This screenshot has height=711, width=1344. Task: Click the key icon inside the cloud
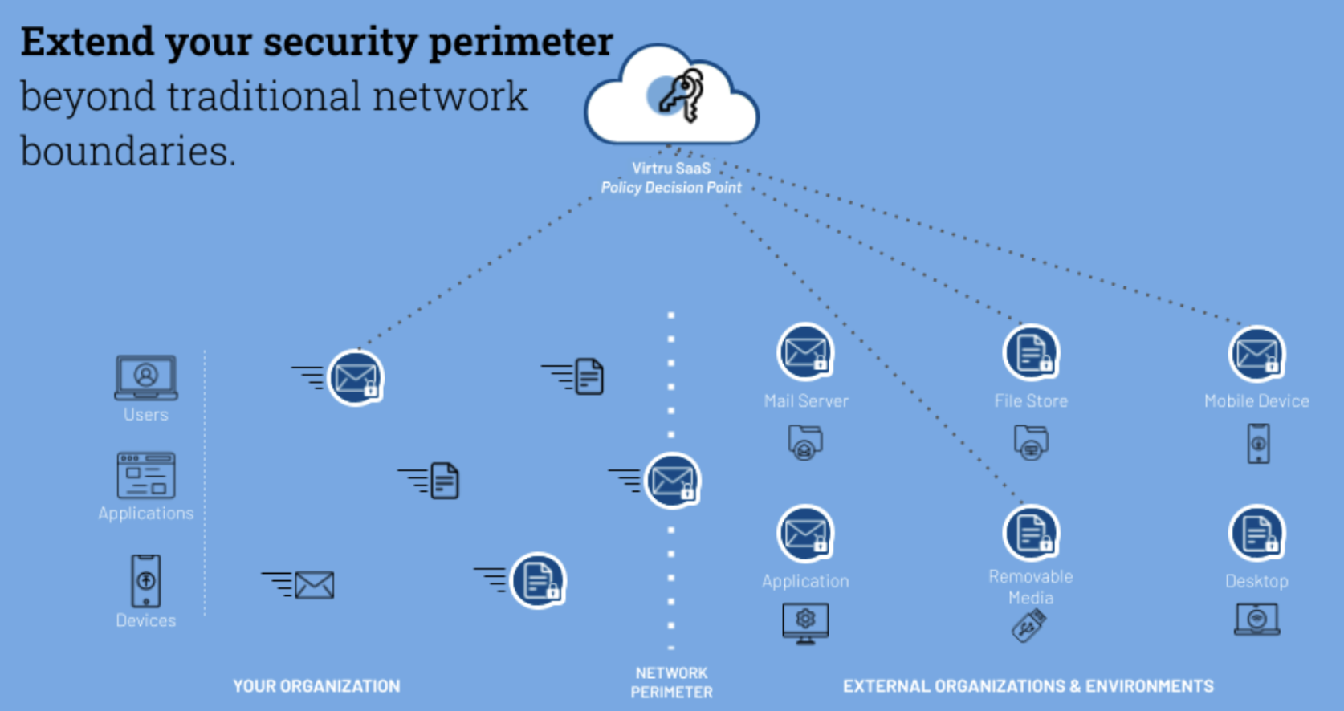[682, 95]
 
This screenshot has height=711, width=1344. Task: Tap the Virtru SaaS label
[671, 169]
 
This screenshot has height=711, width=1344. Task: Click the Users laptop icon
[145, 377]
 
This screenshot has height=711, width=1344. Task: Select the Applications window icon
[146, 475]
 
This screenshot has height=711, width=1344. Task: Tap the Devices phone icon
[145, 580]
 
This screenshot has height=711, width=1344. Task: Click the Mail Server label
[806, 401]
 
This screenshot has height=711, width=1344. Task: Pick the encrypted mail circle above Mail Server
[805, 352]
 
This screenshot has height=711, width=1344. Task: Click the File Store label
[1031, 401]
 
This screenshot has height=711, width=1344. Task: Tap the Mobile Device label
[1256, 401]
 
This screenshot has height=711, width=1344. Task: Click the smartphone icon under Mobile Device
[1258, 444]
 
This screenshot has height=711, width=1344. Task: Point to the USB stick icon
[1028, 625]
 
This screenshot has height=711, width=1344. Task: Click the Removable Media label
[1031, 587]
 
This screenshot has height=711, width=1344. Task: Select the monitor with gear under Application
[805, 623]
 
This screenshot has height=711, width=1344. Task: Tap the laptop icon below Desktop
[1256, 620]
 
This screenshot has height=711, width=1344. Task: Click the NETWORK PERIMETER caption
[671, 683]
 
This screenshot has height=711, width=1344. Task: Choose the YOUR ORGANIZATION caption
[316, 686]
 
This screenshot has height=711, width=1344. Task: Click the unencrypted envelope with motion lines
[313, 585]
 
